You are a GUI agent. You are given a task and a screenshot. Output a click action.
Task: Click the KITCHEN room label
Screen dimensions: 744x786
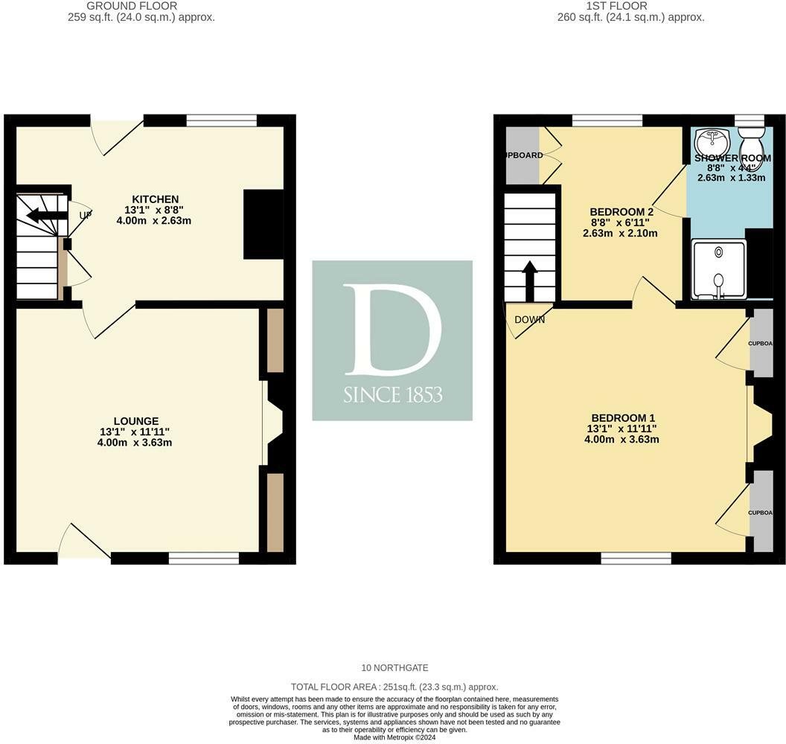[x=155, y=199]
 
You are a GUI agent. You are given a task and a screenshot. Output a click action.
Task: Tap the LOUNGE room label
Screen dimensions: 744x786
[x=135, y=421]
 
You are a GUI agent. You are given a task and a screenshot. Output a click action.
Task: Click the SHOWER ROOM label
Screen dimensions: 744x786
[x=732, y=158]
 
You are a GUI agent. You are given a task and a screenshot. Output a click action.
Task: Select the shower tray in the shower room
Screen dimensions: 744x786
[x=718, y=269]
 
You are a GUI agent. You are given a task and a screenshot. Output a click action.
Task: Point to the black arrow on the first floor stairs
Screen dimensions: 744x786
[x=530, y=278]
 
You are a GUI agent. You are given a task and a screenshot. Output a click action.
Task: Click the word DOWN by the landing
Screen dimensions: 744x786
[x=529, y=320]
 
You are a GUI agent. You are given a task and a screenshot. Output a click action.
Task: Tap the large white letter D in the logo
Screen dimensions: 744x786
[x=392, y=328]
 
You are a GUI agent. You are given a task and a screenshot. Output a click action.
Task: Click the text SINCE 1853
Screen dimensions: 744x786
[x=392, y=394]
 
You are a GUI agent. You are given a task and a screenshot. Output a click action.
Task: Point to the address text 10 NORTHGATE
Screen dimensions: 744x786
[x=394, y=667]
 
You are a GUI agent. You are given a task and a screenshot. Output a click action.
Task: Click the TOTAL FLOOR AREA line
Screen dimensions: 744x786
[x=394, y=687]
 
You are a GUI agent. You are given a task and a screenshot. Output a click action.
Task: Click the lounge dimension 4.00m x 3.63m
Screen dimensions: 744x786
[x=135, y=443]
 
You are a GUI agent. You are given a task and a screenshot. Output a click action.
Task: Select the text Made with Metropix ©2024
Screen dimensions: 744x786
[x=394, y=737]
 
